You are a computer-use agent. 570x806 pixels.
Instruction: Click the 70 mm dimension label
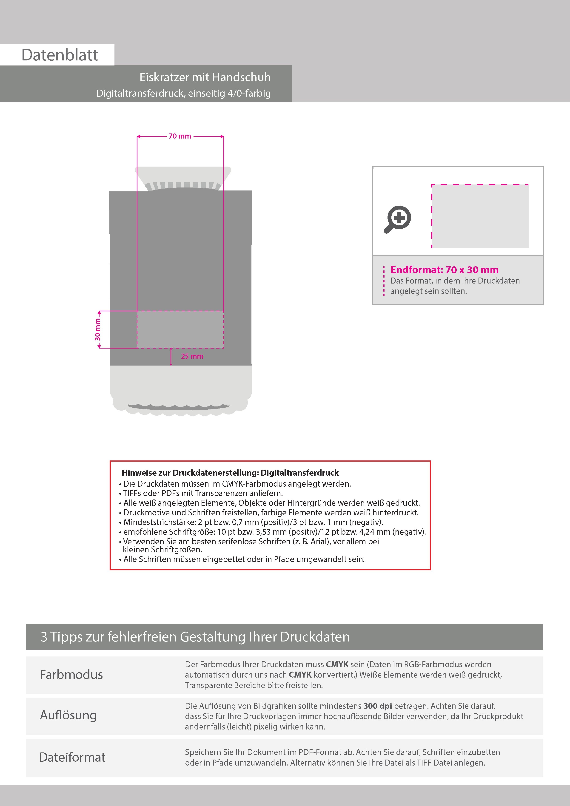coord(180,136)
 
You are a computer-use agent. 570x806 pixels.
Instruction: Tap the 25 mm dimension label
coord(192,356)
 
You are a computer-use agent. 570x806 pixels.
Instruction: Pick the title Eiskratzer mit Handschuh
coord(205,77)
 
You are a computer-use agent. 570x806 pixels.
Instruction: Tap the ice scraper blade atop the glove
coord(183,178)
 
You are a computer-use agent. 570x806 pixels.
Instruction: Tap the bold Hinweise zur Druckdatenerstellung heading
coord(230,473)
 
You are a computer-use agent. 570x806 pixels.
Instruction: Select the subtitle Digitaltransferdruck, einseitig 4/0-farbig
coord(183,93)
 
